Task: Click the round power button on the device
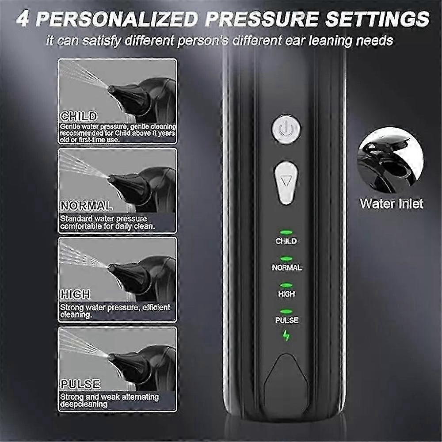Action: [286, 129]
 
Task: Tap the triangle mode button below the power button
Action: [286, 182]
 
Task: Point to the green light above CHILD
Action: [286, 232]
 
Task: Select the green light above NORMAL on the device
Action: [286, 258]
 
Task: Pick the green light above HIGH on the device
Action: [286, 285]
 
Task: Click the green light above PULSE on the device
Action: [286, 311]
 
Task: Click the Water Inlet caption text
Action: [391, 204]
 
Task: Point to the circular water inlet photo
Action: [390, 160]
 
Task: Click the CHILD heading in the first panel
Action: [79, 117]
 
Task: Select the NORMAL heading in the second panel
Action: [86, 206]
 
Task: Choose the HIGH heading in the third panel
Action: [75, 294]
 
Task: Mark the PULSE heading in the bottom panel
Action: [80, 384]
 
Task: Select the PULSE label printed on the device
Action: [286, 320]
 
